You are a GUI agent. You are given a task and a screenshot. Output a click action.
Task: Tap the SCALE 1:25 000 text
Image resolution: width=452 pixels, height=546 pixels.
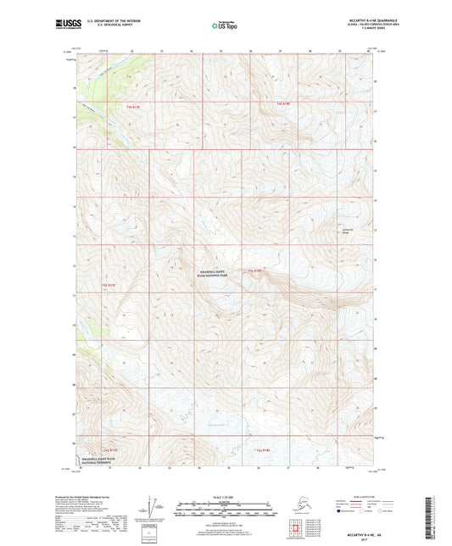(x=225, y=495)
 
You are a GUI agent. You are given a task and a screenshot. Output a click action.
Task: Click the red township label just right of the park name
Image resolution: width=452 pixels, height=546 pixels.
(x=255, y=270)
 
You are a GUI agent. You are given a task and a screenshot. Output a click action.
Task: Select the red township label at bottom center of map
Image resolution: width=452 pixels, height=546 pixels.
(x=262, y=450)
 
